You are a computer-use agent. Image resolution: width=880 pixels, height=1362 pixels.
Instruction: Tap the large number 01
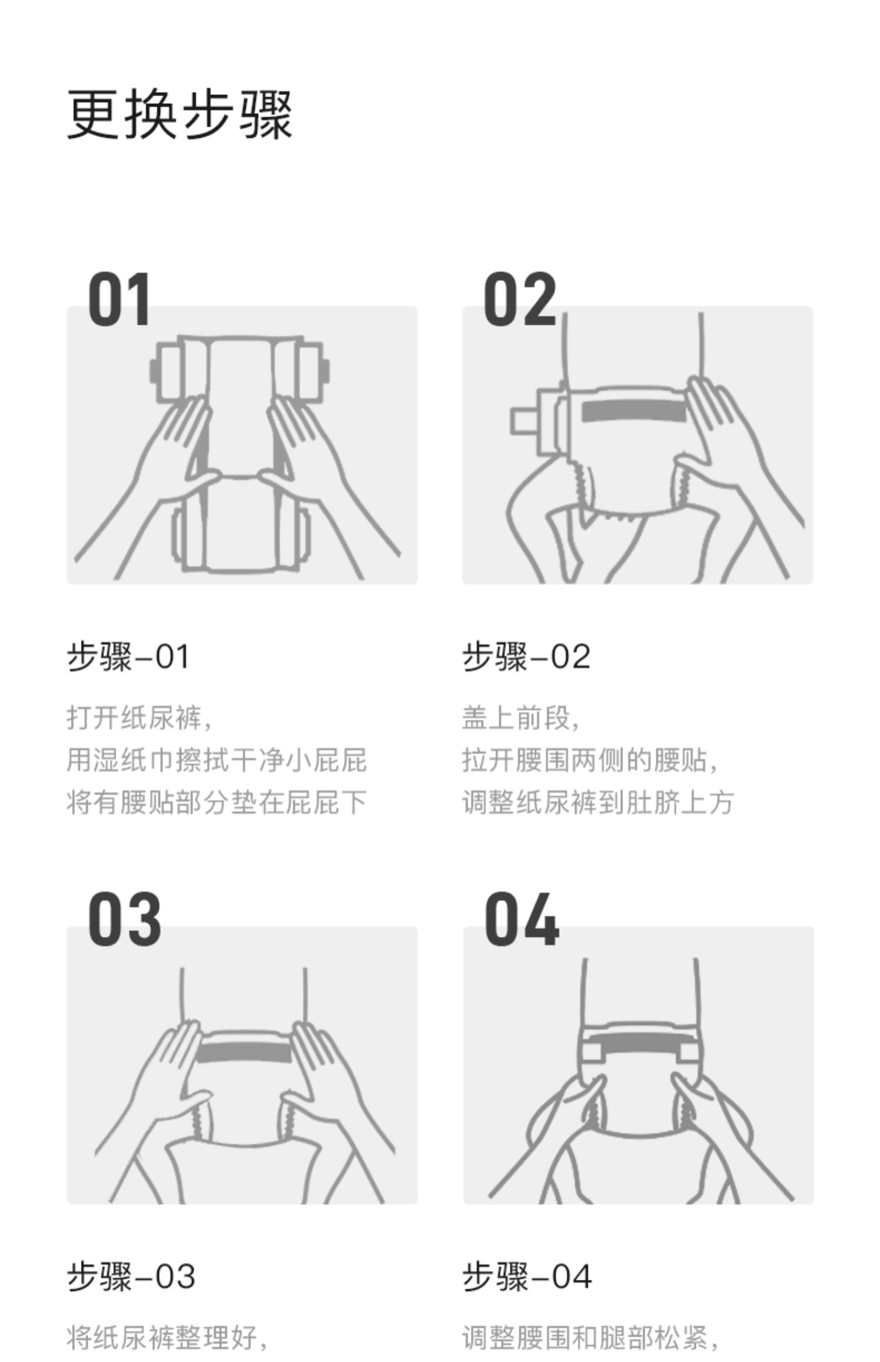tap(119, 300)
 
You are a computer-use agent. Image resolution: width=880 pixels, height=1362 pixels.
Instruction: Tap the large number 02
tap(520, 300)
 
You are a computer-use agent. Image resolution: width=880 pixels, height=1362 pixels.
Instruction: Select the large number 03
tap(124, 919)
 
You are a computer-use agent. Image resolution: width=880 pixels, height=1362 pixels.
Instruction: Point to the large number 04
tap(521, 919)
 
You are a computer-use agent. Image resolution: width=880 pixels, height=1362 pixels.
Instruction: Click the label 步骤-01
tap(128, 656)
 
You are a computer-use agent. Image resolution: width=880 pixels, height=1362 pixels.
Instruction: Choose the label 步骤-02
tap(526, 656)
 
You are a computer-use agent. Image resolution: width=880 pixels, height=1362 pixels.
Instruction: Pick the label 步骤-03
tap(131, 1276)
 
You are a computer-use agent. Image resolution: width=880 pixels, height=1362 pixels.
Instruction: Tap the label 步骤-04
tap(527, 1276)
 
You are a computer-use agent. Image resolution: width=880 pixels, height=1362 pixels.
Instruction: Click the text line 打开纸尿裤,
tap(139, 718)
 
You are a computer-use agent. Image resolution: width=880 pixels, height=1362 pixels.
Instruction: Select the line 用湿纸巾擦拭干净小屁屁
tap(216, 760)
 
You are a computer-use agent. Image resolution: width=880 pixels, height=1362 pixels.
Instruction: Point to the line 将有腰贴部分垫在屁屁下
tap(216, 802)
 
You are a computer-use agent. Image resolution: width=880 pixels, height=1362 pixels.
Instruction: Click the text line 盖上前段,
tap(520, 718)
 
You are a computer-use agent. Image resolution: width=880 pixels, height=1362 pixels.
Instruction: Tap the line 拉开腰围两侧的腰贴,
tap(590, 760)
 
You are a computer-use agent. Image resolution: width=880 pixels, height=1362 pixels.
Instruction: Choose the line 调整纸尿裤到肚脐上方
tap(598, 802)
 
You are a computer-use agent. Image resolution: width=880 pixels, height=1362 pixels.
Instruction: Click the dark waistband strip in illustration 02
tap(634, 411)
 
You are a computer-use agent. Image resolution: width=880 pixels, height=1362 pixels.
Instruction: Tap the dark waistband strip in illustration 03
tap(243, 1052)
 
